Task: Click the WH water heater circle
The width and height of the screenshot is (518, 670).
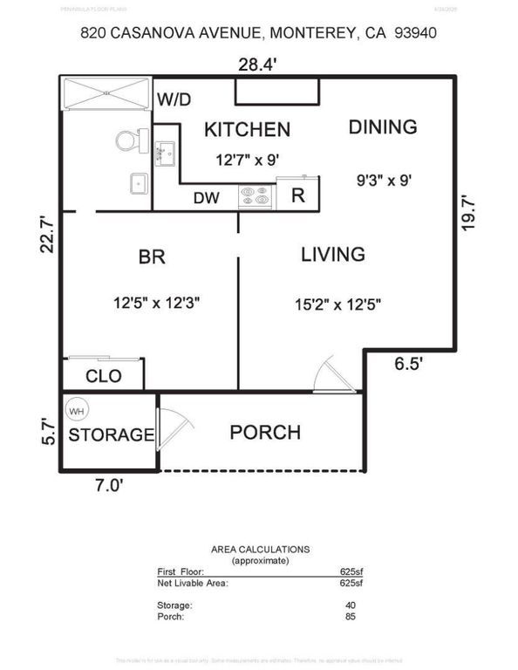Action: tap(77, 411)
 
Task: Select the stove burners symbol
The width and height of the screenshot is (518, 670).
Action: tap(256, 198)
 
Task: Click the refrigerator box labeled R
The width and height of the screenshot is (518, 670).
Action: tap(297, 195)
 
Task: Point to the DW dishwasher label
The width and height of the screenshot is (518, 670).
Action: tap(206, 198)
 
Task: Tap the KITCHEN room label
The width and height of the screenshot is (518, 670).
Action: tap(247, 130)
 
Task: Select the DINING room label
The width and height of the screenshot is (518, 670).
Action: tap(383, 126)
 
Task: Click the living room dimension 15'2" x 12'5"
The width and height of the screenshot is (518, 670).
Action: tap(337, 304)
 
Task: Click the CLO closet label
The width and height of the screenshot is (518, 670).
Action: tap(103, 377)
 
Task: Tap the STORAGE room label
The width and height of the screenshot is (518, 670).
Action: tap(112, 434)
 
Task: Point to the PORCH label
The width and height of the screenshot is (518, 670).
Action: tap(265, 432)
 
